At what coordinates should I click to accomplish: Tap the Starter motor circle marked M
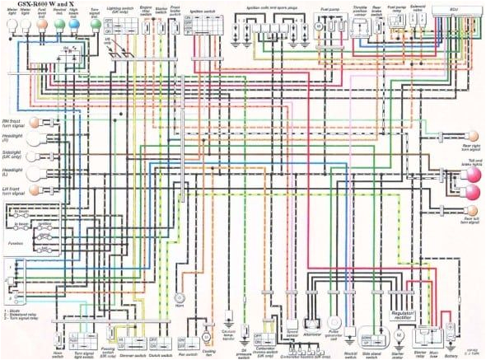[x=397, y=335]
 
